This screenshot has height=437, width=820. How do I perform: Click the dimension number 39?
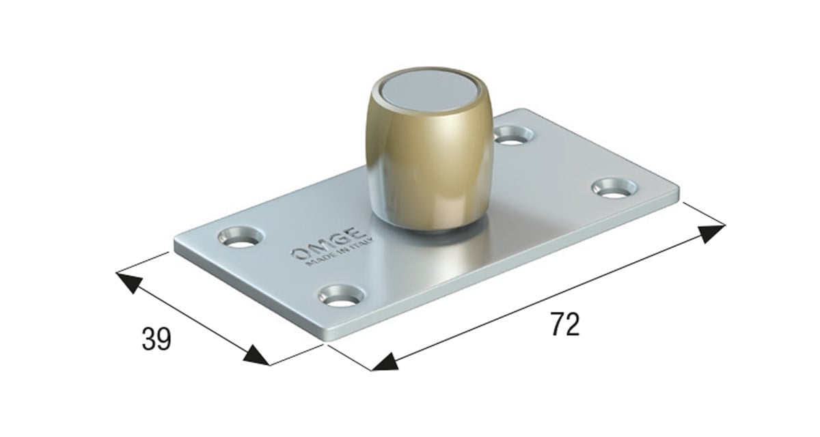[x=156, y=339]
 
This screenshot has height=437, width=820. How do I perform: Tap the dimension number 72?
[x=565, y=324]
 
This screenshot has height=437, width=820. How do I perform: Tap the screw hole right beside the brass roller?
[x=513, y=135]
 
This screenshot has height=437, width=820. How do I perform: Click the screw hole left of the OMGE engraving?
[x=241, y=237]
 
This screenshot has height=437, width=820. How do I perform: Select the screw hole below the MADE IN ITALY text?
[x=341, y=296]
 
